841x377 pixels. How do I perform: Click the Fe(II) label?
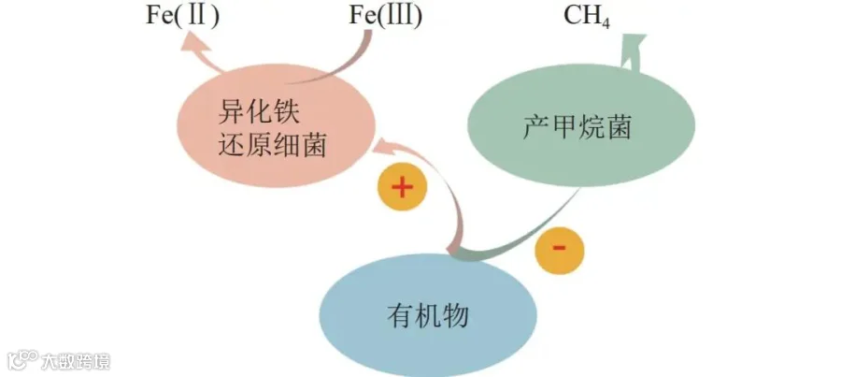point(182,16)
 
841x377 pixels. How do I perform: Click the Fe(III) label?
point(386,16)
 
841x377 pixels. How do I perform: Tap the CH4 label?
point(586,17)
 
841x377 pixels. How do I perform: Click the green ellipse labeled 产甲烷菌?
point(581,127)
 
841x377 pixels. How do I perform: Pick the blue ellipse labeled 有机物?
point(428,315)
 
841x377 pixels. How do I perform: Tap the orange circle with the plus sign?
point(402,187)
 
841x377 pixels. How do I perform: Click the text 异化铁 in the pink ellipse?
point(258,110)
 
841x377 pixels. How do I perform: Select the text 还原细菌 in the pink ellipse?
point(272,144)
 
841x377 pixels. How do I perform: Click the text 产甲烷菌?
point(577,128)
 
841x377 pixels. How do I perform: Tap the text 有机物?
point(427,315)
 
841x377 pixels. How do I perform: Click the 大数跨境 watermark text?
point(76,361)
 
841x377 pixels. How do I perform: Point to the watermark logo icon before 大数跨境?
point(22,360)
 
